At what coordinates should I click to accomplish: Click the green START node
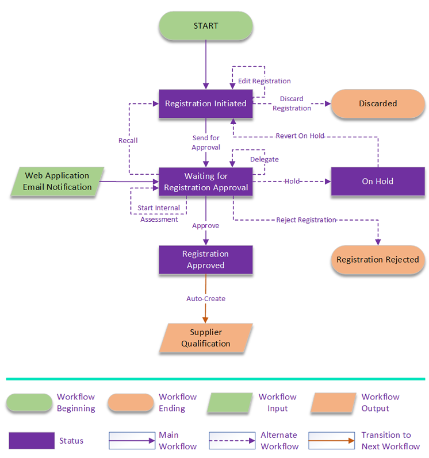206,26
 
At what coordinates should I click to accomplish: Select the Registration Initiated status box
206,103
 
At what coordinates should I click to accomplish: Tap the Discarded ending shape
378,103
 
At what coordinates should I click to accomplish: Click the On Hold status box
378,181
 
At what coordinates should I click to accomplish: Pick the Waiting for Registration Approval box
206,182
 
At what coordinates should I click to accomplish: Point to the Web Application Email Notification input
58,181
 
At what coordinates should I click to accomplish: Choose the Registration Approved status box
206,259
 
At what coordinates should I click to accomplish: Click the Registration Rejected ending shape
378,259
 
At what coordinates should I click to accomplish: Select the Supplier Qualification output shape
206,338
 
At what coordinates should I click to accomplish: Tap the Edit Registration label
265,81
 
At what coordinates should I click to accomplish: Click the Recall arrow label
128,140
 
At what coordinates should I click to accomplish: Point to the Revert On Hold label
300,136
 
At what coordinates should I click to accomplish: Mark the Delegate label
265,159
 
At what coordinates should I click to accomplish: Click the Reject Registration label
307,220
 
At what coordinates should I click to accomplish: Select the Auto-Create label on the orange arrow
206,298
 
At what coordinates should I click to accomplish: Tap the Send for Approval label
206,143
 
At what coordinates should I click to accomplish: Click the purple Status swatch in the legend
32,441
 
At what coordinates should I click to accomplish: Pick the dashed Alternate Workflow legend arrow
232,441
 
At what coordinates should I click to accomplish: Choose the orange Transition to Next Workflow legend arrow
332,441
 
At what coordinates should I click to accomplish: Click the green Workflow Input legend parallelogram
230,402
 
